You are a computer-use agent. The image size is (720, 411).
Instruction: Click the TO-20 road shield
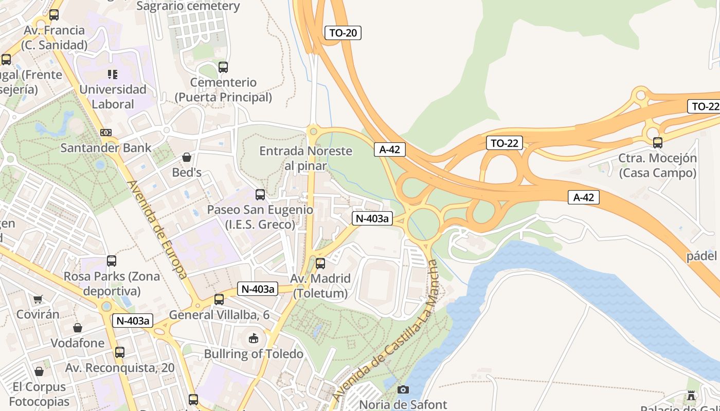[343, 33]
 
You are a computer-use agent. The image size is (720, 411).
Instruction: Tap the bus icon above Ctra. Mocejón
[657, 143]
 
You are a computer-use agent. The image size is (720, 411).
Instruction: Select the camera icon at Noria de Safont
[403, 389]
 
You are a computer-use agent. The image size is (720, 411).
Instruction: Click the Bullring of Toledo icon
[254, 338]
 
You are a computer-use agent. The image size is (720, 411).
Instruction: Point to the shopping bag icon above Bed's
[187, 157]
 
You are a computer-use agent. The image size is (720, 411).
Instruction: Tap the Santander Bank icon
[106, 133]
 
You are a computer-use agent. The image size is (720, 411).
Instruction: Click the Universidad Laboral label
[113, 97]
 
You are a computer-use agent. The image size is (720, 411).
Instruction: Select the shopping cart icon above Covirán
[38, 299]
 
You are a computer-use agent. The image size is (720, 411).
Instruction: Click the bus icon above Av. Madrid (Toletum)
[320, 264]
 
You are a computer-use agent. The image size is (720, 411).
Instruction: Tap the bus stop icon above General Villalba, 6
[219, 300]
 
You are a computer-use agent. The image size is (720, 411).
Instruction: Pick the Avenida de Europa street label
[157, 229]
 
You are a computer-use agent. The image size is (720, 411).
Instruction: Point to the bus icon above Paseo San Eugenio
[260, 195]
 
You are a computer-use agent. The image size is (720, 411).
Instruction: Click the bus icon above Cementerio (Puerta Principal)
[223, 67]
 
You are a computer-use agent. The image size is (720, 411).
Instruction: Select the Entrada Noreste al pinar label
[305, 158]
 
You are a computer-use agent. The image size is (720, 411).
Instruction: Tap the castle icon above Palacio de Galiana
[691, 396]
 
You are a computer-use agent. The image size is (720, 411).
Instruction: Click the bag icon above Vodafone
[78, 328]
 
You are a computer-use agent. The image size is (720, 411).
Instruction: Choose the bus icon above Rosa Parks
[112, 261]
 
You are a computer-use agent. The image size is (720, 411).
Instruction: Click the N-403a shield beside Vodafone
[133, 321]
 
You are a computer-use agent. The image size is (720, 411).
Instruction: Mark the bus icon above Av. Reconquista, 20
[120, 352]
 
